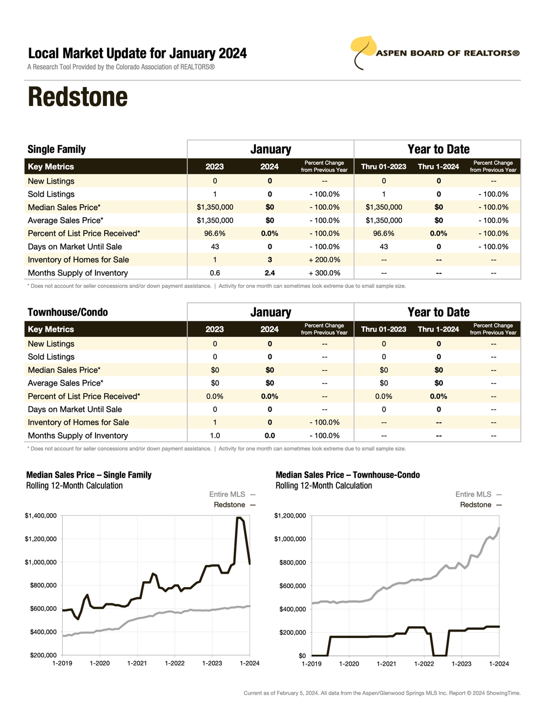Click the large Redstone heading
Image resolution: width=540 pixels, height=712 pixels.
pyautogui.click(x=78, y=97)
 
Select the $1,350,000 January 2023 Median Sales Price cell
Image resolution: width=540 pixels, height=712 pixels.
pyautogui.click(x=215, y=207)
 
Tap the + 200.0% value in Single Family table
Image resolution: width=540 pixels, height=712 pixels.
pyautogui.click(x=324, y=260)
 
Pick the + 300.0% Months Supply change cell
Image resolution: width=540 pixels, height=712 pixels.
pyautogui.click(x=324, y=273)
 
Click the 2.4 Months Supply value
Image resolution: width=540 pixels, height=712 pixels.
pyautogui.click(x=269, y=273)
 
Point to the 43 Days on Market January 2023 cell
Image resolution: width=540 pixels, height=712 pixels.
pyautogui.click(x=215, y=247)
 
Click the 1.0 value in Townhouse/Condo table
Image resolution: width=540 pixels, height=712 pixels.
pyautogui.click(x=215, y=436)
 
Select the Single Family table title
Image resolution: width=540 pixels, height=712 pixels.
pyautogui.click(x=57, y=150)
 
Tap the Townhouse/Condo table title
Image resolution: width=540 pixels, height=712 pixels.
pyautogui.click(x=67, y=312)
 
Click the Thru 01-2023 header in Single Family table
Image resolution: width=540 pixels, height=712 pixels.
pyautogui.click(x=383, y=167)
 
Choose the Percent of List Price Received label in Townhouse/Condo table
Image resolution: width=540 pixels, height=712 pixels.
pyautogui.click(x=84, y=397)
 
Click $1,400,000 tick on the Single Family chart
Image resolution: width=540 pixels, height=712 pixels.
pyautogui.click(x=40, y=516)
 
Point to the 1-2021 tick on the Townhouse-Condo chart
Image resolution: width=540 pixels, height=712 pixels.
pyautogui.click(x=386, y=664)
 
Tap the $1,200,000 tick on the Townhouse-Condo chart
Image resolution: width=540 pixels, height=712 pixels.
pyautogui.click(x=290, y=516)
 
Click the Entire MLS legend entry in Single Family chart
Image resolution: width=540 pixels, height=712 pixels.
pyautogui.click(x=227, y=494)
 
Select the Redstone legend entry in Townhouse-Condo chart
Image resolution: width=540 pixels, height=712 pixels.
pyautogui.click(x=476, y=505)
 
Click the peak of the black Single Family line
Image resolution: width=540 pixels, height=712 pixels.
pyautogui.click(x=238, y=518)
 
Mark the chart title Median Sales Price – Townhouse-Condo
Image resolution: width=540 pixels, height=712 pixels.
pyautogui.click(x=348, y=475)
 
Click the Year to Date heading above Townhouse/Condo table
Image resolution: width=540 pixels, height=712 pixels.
pyautogui.click(x=438, y=312)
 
